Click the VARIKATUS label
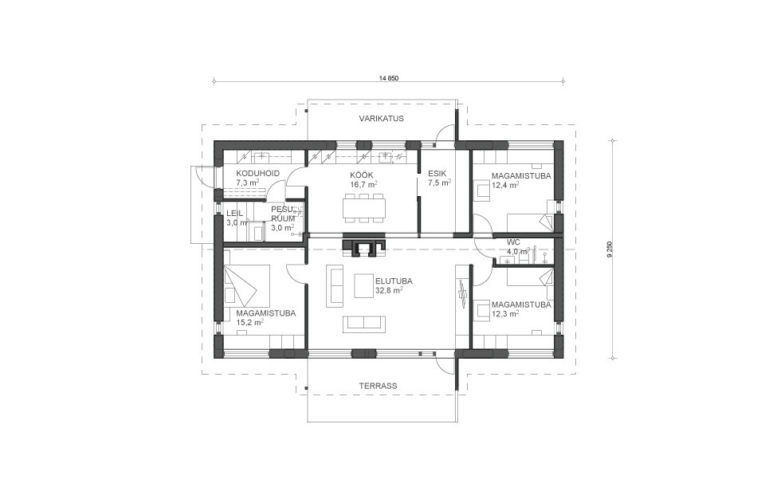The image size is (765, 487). click(382, 119)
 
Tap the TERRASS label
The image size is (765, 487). click(378, 386)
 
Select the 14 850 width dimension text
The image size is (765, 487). click(389, 78)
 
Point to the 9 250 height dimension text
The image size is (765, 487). click(610, 249)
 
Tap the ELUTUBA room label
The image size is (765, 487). click(394, 281)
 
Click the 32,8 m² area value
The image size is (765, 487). click(389, 290)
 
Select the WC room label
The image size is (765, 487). click(513, 242)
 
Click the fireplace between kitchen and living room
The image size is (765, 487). click(364, 247)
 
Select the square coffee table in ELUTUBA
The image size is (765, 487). click(364, 286)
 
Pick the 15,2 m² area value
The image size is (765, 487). click(250, 322)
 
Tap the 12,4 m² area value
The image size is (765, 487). click(505, 185)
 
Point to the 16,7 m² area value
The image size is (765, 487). click(363, 184)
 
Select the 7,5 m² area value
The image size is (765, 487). click(440, 183)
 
